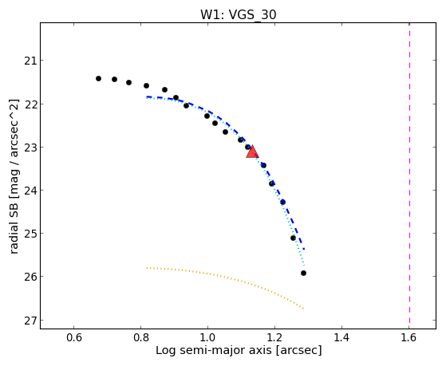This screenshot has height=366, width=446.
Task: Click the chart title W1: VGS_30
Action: [x=239, y=14]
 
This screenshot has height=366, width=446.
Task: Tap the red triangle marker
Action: [x=252, y=152]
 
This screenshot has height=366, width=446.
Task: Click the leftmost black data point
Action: [x=98, y=78]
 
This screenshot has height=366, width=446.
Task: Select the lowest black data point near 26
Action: [x=303, y=273]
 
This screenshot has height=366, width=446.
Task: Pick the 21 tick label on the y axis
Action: [x=30, y=61]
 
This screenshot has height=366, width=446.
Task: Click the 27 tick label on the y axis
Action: [x=30, y=321]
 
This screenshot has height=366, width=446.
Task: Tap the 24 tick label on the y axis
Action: [x=30, y=191]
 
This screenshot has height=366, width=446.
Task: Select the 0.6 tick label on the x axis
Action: [x=74, y=338]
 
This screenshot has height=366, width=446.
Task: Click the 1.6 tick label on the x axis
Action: [x=409, y=338]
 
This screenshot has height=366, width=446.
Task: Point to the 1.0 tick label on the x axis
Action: [x=207, y=338]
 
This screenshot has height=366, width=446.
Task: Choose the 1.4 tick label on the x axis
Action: [x=341, y=338]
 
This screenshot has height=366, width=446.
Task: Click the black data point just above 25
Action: [x=294, y=238]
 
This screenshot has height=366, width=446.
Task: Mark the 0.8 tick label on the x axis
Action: [x=140, y=338]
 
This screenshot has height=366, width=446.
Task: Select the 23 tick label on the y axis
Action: [x=30, y=148]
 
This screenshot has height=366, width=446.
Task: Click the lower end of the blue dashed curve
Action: [x=304, y=249]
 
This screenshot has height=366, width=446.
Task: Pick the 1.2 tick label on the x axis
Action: [x=274, y=338]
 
